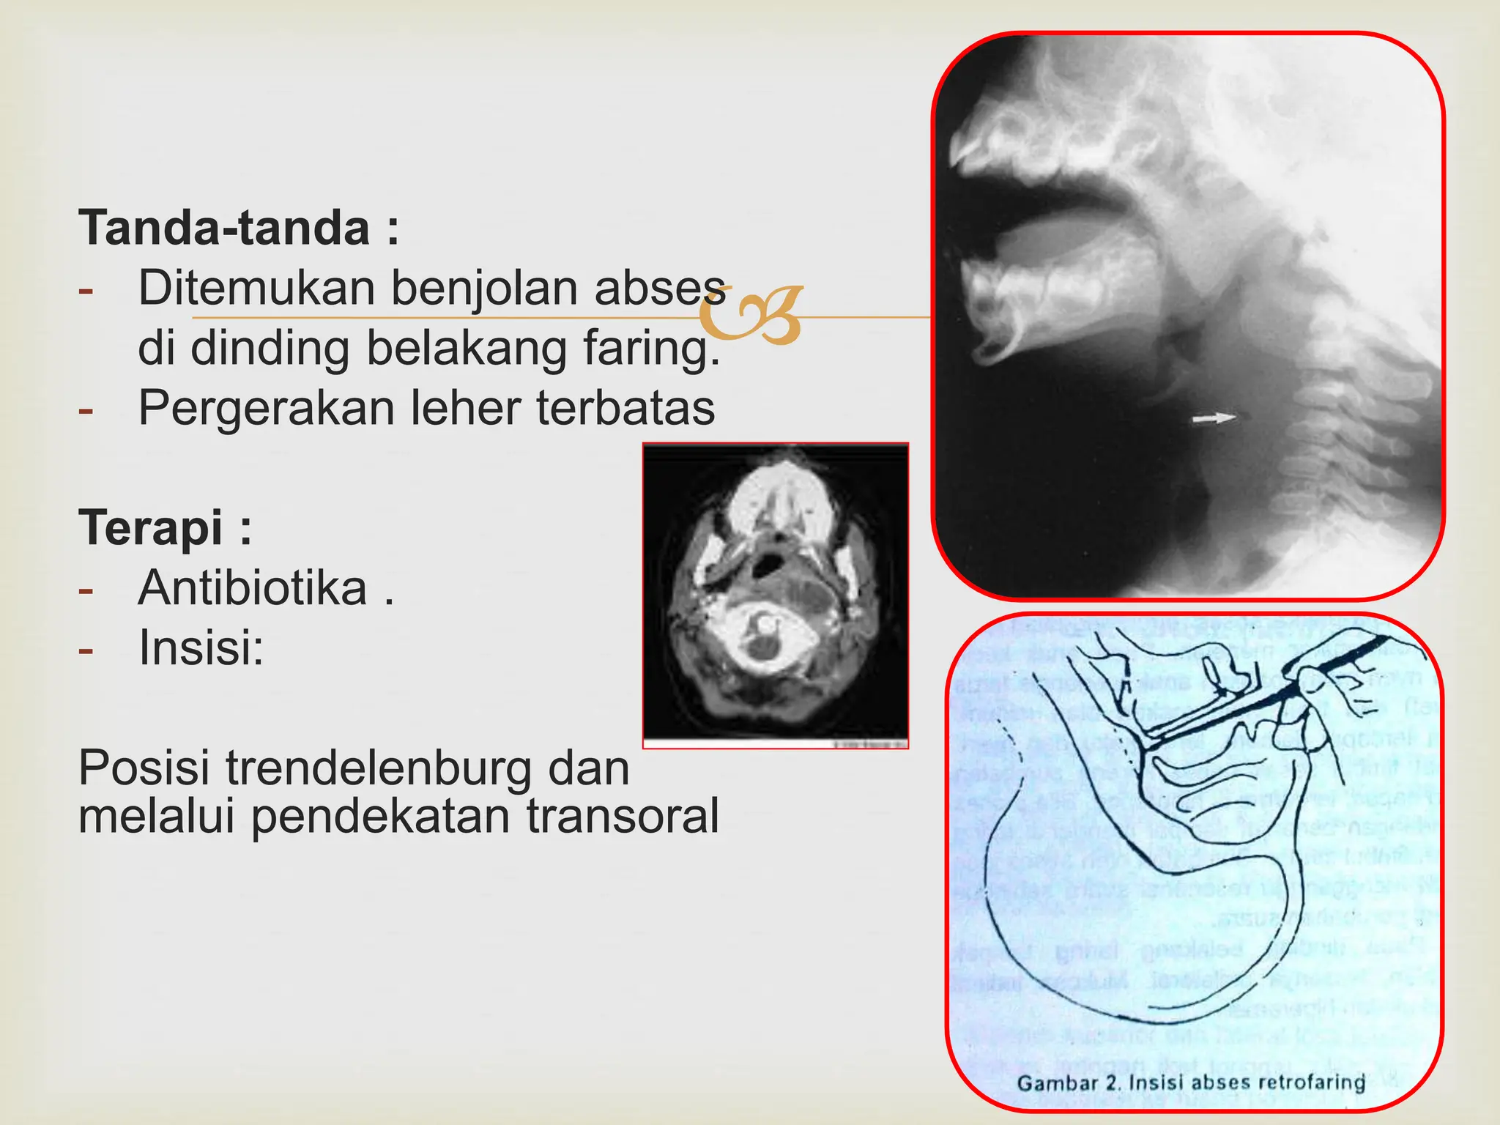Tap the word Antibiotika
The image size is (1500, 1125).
pyautogui.click(x=253, y=588)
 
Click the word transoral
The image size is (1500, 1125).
pyautogui.click(x=623, y=816)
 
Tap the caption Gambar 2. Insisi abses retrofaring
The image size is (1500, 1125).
pyautogui.click(x=1192, y=1083)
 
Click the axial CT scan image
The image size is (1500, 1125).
pyautogui.click(x=776, y=595)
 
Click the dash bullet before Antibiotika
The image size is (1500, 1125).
pyautogui.click(x=86, y=590)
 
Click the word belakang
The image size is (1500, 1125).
pyautogui.click(x=467, y=349)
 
